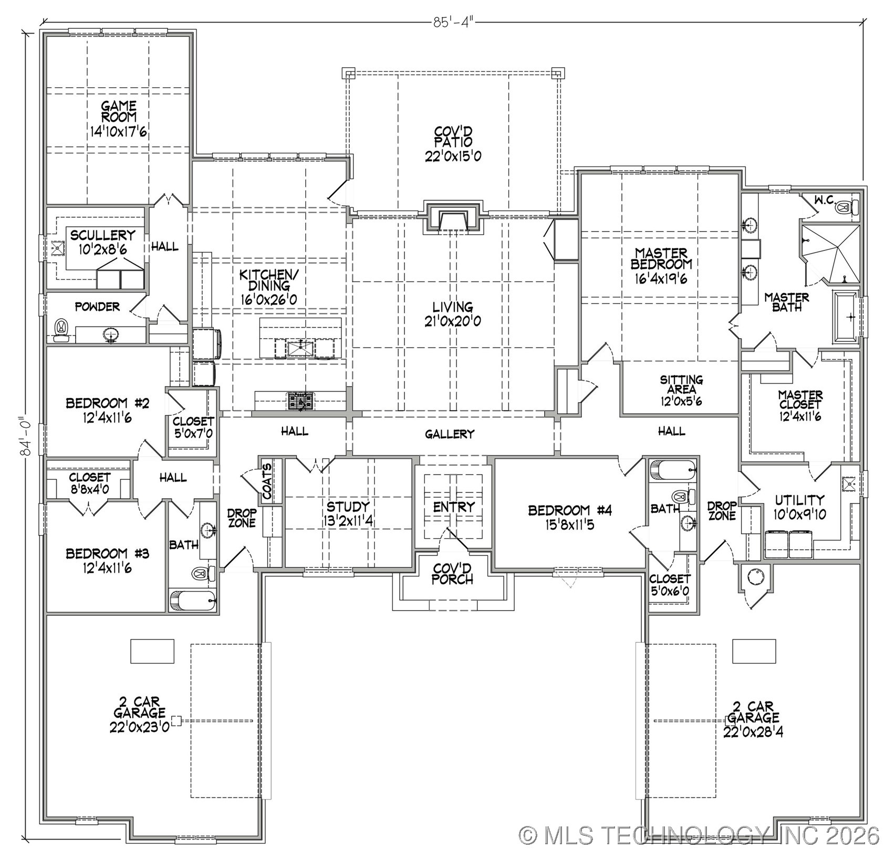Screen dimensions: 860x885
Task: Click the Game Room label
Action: tap(119, 111)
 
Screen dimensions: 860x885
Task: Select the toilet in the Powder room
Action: tap(62, 329)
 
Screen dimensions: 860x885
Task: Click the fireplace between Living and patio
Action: tap(453, 217)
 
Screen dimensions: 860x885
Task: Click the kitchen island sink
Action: tap(300, 347)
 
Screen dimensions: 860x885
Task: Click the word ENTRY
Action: tap(454, 507)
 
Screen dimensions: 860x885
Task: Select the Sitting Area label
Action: tap(681, 384)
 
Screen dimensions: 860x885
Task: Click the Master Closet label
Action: tap(800, 400)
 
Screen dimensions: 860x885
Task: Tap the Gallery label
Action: tap(450, 434)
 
